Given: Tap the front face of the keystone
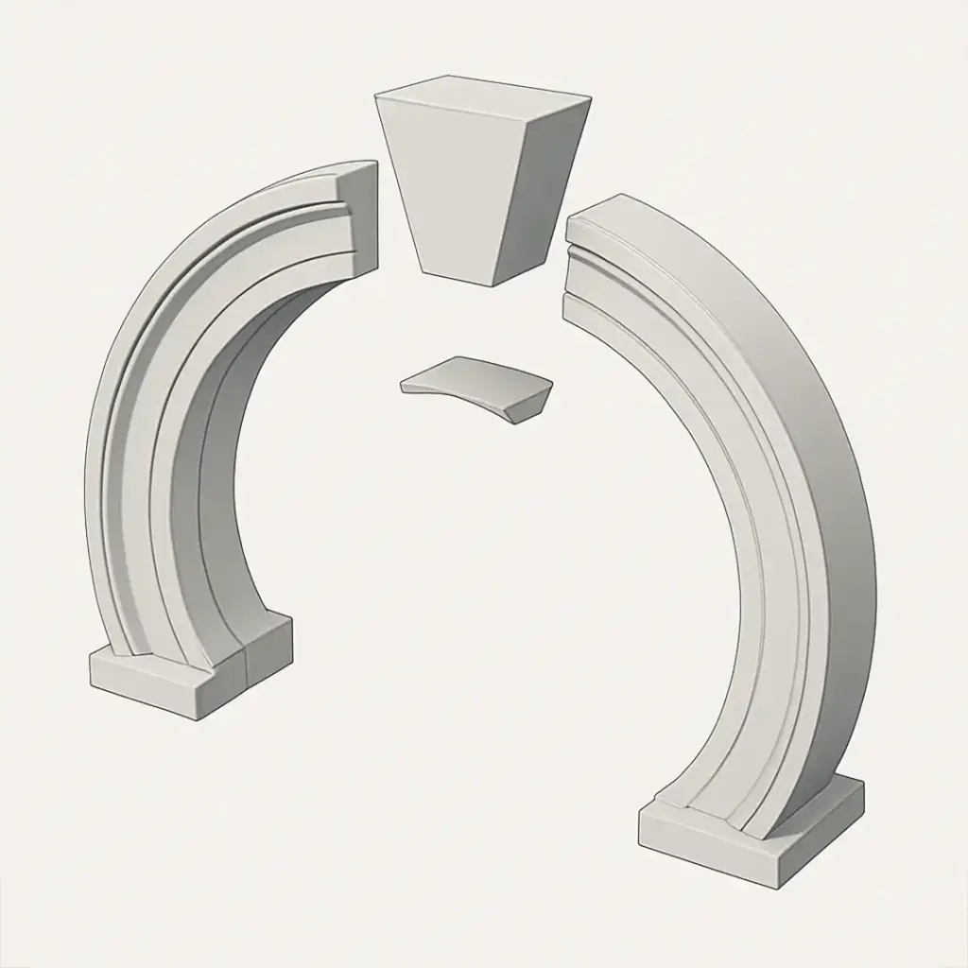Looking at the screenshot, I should [x=452, y=189].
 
